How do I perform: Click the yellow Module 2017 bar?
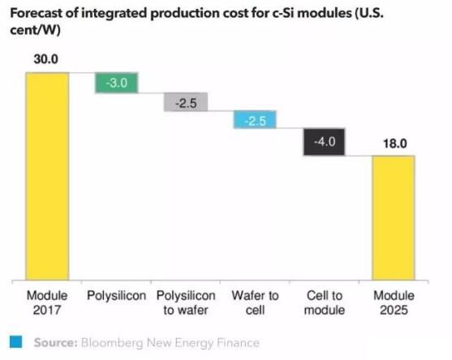(x=47, y=174)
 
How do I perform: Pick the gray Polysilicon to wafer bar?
(x=186, y=101)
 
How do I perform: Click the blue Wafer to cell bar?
(x=256, y=120)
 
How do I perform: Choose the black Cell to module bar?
(x=325, y=142)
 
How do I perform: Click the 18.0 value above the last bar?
(x=394, y=143)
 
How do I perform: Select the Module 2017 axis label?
(x=47, y=302)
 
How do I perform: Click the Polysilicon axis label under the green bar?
(x=117, y=296)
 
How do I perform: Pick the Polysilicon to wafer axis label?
(x=186, y=302)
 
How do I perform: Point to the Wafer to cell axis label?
(x=256, y=302)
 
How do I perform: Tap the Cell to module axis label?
(x=325, y=302)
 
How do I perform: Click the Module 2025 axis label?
(x=394, y=302)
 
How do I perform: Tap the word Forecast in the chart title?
(x=35, y=11)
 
